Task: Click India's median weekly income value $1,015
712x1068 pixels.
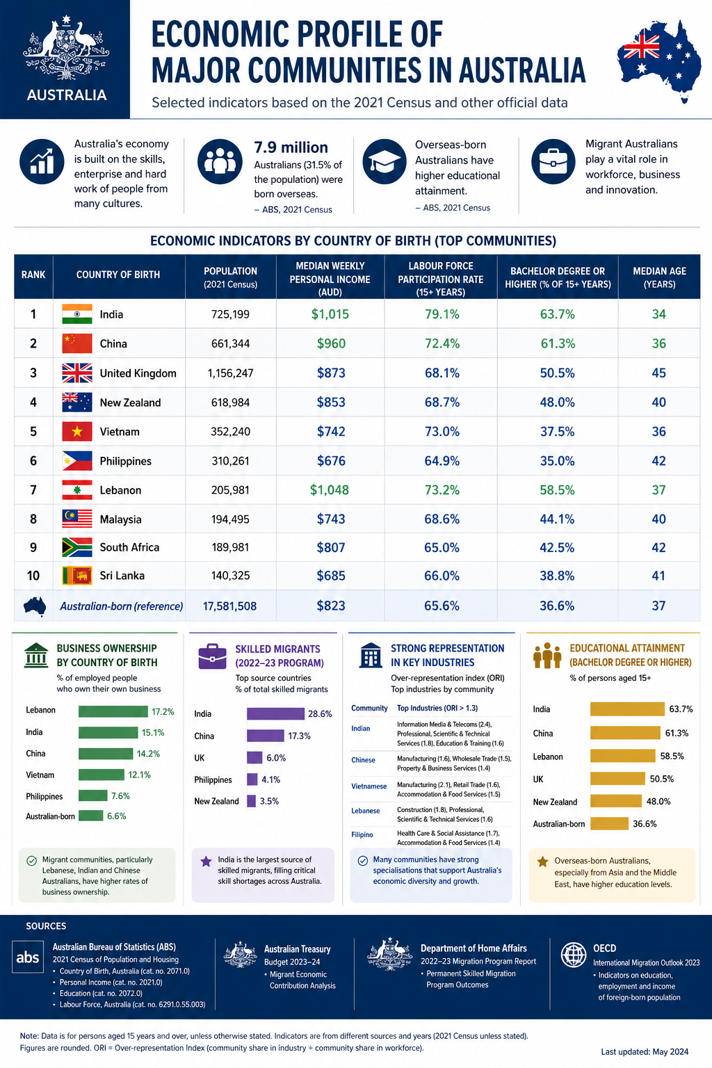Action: click(330, 314)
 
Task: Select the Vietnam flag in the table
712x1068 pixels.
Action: click(76, 432)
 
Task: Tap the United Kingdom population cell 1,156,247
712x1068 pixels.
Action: click(230, 373)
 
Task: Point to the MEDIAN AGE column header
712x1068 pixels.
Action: click(659, 277)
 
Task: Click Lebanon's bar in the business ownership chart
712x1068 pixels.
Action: click(113, 711)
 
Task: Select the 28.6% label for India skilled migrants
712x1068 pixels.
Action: click(320, 714)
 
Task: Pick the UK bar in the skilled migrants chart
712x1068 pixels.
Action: click(254, 758)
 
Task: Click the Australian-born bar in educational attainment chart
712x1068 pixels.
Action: click(610, 823)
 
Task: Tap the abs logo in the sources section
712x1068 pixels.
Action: click(28, 957)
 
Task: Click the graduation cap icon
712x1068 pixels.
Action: click(385, 162)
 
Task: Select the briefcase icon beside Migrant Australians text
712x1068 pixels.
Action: click(553, 161)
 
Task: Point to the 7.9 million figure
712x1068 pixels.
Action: click(291, 147)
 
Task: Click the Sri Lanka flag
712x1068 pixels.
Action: click(76, 576)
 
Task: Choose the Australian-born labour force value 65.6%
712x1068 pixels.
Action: click(442, 606)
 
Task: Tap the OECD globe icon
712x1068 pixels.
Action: click(573, 955)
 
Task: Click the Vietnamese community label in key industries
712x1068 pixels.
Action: click(369, 786)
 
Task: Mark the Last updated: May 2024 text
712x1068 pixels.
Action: click(645, 1051)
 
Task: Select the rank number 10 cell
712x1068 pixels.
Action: click(33, 576)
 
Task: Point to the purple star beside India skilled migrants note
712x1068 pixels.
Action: click(206, 861)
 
